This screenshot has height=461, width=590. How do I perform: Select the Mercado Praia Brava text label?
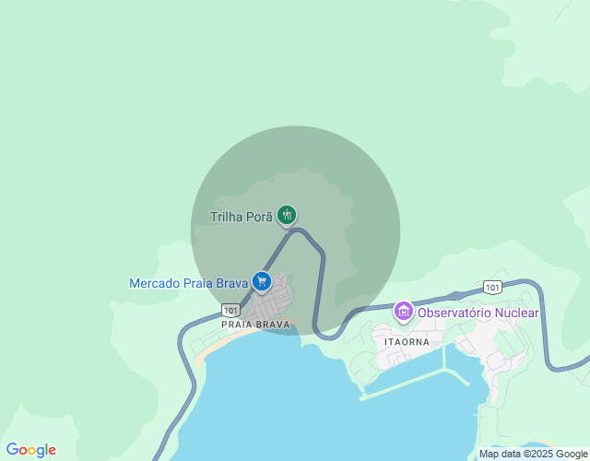tap(189, 283)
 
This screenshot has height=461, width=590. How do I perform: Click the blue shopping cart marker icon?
tap(262, 280)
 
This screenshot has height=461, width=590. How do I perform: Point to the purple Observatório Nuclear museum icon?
tap(403, 312)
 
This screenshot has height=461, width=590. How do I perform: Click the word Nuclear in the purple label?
tap(518, 313)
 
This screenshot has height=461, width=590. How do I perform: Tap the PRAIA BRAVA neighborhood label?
tap(255, 325)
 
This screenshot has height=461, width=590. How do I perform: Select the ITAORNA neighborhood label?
tap(407, 340)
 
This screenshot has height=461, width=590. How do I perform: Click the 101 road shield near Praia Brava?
tap(230, 309)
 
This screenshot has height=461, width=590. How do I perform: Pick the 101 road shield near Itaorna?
tap(492, 287)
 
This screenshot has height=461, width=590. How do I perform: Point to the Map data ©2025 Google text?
tap(532, 454)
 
